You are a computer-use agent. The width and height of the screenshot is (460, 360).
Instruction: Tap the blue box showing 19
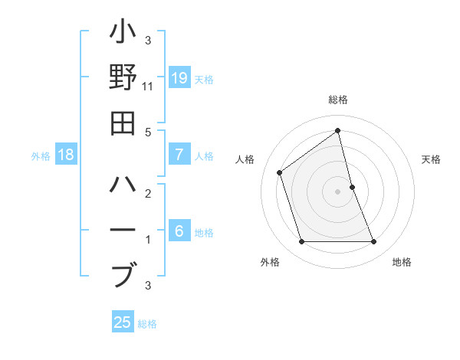coord(179,78)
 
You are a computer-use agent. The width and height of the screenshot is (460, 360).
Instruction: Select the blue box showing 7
coord(179,155)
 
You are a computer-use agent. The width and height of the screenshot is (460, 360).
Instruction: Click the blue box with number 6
coord(179,231)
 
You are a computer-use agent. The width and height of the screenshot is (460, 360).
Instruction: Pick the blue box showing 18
coord(66,155)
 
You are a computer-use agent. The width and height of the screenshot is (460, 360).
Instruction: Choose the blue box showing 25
coord(123,322)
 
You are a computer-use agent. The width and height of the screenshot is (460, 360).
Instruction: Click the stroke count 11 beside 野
coord(148,87)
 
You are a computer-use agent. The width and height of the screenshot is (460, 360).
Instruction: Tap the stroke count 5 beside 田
coord(148,132)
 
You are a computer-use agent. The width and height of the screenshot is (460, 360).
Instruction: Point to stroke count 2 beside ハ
coord(148,195)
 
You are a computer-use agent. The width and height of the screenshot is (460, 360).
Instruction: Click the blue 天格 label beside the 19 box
coord(204,79)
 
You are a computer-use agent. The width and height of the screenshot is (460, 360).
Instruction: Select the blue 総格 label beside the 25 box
coord(147,323)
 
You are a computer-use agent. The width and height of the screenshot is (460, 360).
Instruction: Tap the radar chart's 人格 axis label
coord(245,159)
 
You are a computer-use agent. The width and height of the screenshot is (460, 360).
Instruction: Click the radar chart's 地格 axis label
coord(402,262)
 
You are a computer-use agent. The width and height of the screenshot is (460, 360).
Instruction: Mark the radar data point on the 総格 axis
coord(337,131)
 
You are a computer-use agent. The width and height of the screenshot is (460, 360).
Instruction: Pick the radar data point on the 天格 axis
coord(352,187)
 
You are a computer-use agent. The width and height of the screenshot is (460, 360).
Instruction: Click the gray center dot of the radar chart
coord(337,191)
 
